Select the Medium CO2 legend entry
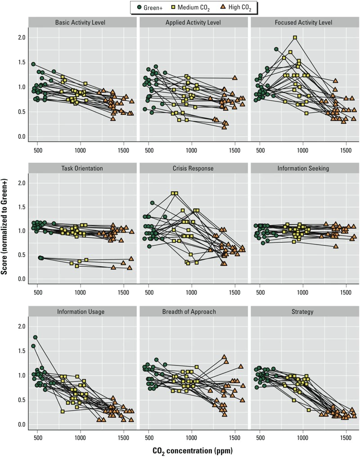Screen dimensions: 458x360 pyautogui.click(x=194, y=7)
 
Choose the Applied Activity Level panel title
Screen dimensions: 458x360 pyautogui.click(x=193, y=23)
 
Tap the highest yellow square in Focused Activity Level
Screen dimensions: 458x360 pyautogui.click(x=295, y=38)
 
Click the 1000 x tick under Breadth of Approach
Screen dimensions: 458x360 pyautogui.click(x=192, y=436)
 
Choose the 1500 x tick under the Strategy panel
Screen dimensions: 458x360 pyautogui.click(x=346, y=436)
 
